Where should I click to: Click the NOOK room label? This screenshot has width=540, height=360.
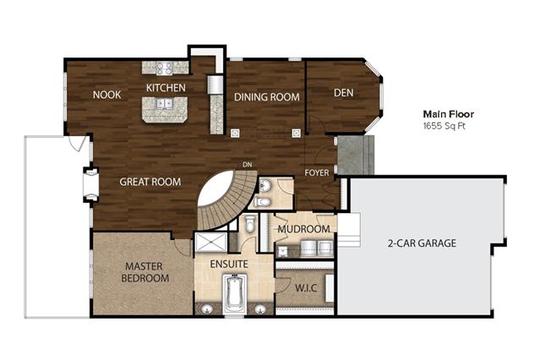click(x=106, y=95)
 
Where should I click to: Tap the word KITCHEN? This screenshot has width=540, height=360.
click(x=166, y=88)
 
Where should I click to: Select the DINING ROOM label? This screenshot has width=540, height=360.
click(x=267, y=97)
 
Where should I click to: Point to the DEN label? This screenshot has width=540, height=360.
click(x=343, y=93)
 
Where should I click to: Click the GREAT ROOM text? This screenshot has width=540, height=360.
click(x=150, y=182)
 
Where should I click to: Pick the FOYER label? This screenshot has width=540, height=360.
click(x=317, y=172)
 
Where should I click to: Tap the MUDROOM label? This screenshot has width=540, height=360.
click(x=303, y=229)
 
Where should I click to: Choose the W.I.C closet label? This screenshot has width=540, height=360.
click(x=306, y=287)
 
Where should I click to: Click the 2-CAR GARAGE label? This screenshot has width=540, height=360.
click(x=422, y=243)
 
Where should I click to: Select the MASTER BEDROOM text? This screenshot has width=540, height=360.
click(x=145, y=272)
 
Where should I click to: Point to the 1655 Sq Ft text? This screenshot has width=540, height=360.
click(x=445, y=126)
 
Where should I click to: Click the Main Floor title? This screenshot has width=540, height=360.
click(x=449, y=114)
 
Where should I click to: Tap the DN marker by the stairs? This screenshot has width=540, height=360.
click(x=248, y=165)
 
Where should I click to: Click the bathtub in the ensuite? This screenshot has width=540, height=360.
click(x=235, y=293)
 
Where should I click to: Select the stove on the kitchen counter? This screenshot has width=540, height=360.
click(x=164, y=68)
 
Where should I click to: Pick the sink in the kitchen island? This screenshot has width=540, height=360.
click(x=165, y=103)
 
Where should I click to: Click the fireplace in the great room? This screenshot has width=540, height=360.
click(x=90, y=185)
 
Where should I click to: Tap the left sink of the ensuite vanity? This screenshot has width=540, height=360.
click(x=207, y=309)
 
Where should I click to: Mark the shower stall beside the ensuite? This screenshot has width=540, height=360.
click(x=210, y=243)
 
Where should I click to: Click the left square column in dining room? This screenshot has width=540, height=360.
click(x=235, y=133)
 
